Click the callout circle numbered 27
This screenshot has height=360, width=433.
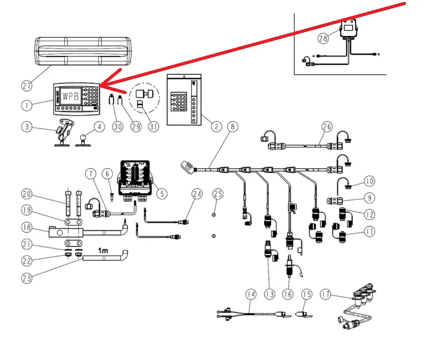pos(27,85)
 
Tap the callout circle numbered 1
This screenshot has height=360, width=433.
pos(27,105)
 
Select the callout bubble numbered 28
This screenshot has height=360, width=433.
pos(323,38)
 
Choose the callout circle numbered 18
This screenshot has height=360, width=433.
pos(27,227)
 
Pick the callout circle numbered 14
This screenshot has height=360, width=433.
pos(251,294)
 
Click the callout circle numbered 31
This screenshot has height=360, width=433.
pos(153,127)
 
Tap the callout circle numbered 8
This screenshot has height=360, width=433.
pos(232,127)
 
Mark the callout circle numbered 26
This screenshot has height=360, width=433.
pos(327,127)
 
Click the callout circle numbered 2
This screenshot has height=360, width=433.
pos(216,127)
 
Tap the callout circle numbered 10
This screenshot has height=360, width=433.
pos(370,182)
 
